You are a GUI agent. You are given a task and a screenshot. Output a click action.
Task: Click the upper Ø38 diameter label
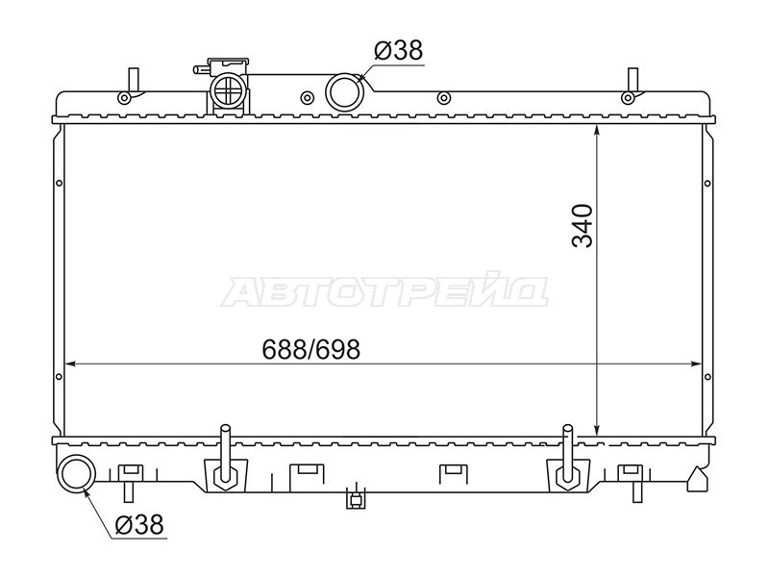(x=398, y=50)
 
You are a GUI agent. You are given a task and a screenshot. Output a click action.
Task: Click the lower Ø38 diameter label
(x=138, y=524)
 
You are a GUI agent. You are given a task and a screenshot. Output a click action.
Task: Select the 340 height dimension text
(x=583, y=226)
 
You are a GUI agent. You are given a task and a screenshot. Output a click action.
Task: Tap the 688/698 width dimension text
(x=310, y=349)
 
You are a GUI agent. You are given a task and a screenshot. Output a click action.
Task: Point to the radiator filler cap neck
(x=228, y=88)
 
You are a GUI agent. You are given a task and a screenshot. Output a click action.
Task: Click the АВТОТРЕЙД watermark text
(x=384, y=293)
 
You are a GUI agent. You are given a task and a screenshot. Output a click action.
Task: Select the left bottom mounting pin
(x=225, y=454)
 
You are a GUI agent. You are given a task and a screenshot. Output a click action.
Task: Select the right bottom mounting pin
(x=568, y=454)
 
